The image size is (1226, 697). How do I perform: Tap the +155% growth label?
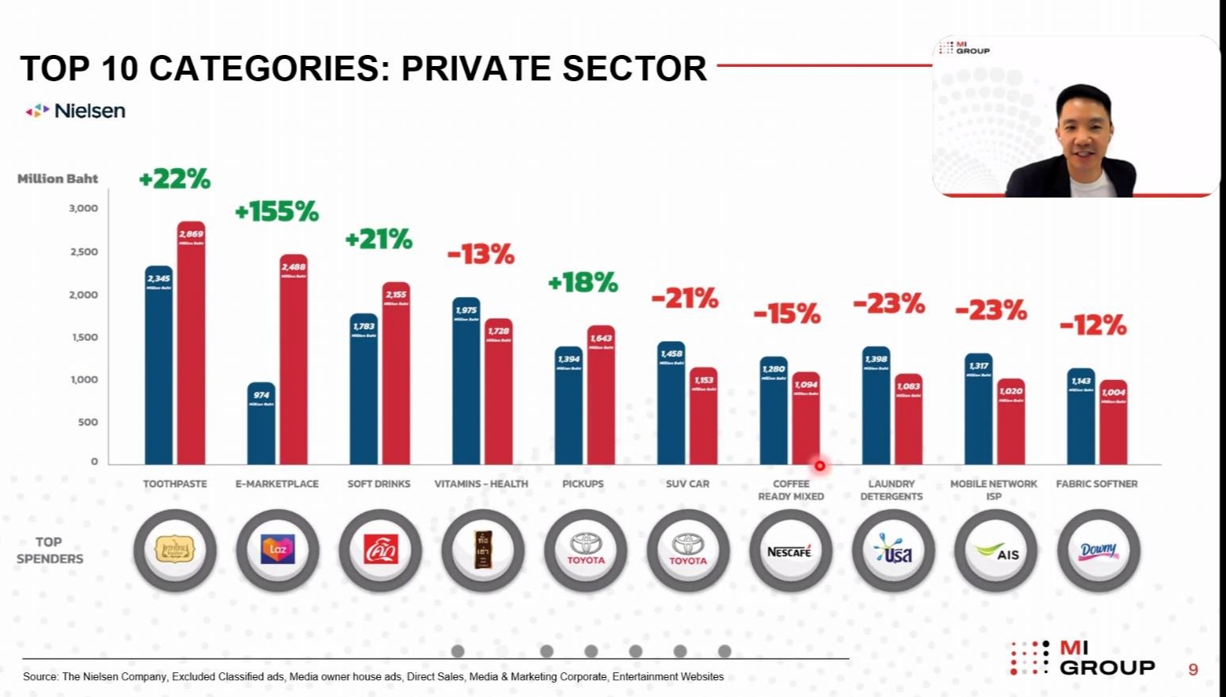click(276, 212)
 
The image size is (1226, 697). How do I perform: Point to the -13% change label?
click(480, 255)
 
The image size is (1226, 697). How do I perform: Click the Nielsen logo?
click(76, 111)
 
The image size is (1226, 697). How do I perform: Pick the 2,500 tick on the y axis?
click(83, 252)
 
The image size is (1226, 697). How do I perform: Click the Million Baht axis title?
click(57, 179)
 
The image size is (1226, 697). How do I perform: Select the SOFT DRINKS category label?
click(379, 484)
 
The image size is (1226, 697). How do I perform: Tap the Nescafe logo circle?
click(789, 551)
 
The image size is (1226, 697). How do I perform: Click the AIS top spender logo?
click(995, 551)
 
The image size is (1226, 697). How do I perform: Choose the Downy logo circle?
click(1098, 550)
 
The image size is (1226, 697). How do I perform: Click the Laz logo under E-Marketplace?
click(277, 550)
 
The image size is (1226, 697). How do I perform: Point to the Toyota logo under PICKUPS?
click(586, 550)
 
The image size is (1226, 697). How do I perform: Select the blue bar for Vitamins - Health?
click(466, 382)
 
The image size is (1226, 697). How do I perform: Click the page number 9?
click(1193, 669)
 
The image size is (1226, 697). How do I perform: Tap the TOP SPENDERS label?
click(49, 550)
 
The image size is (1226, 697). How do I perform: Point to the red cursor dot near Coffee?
click(819, 466)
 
